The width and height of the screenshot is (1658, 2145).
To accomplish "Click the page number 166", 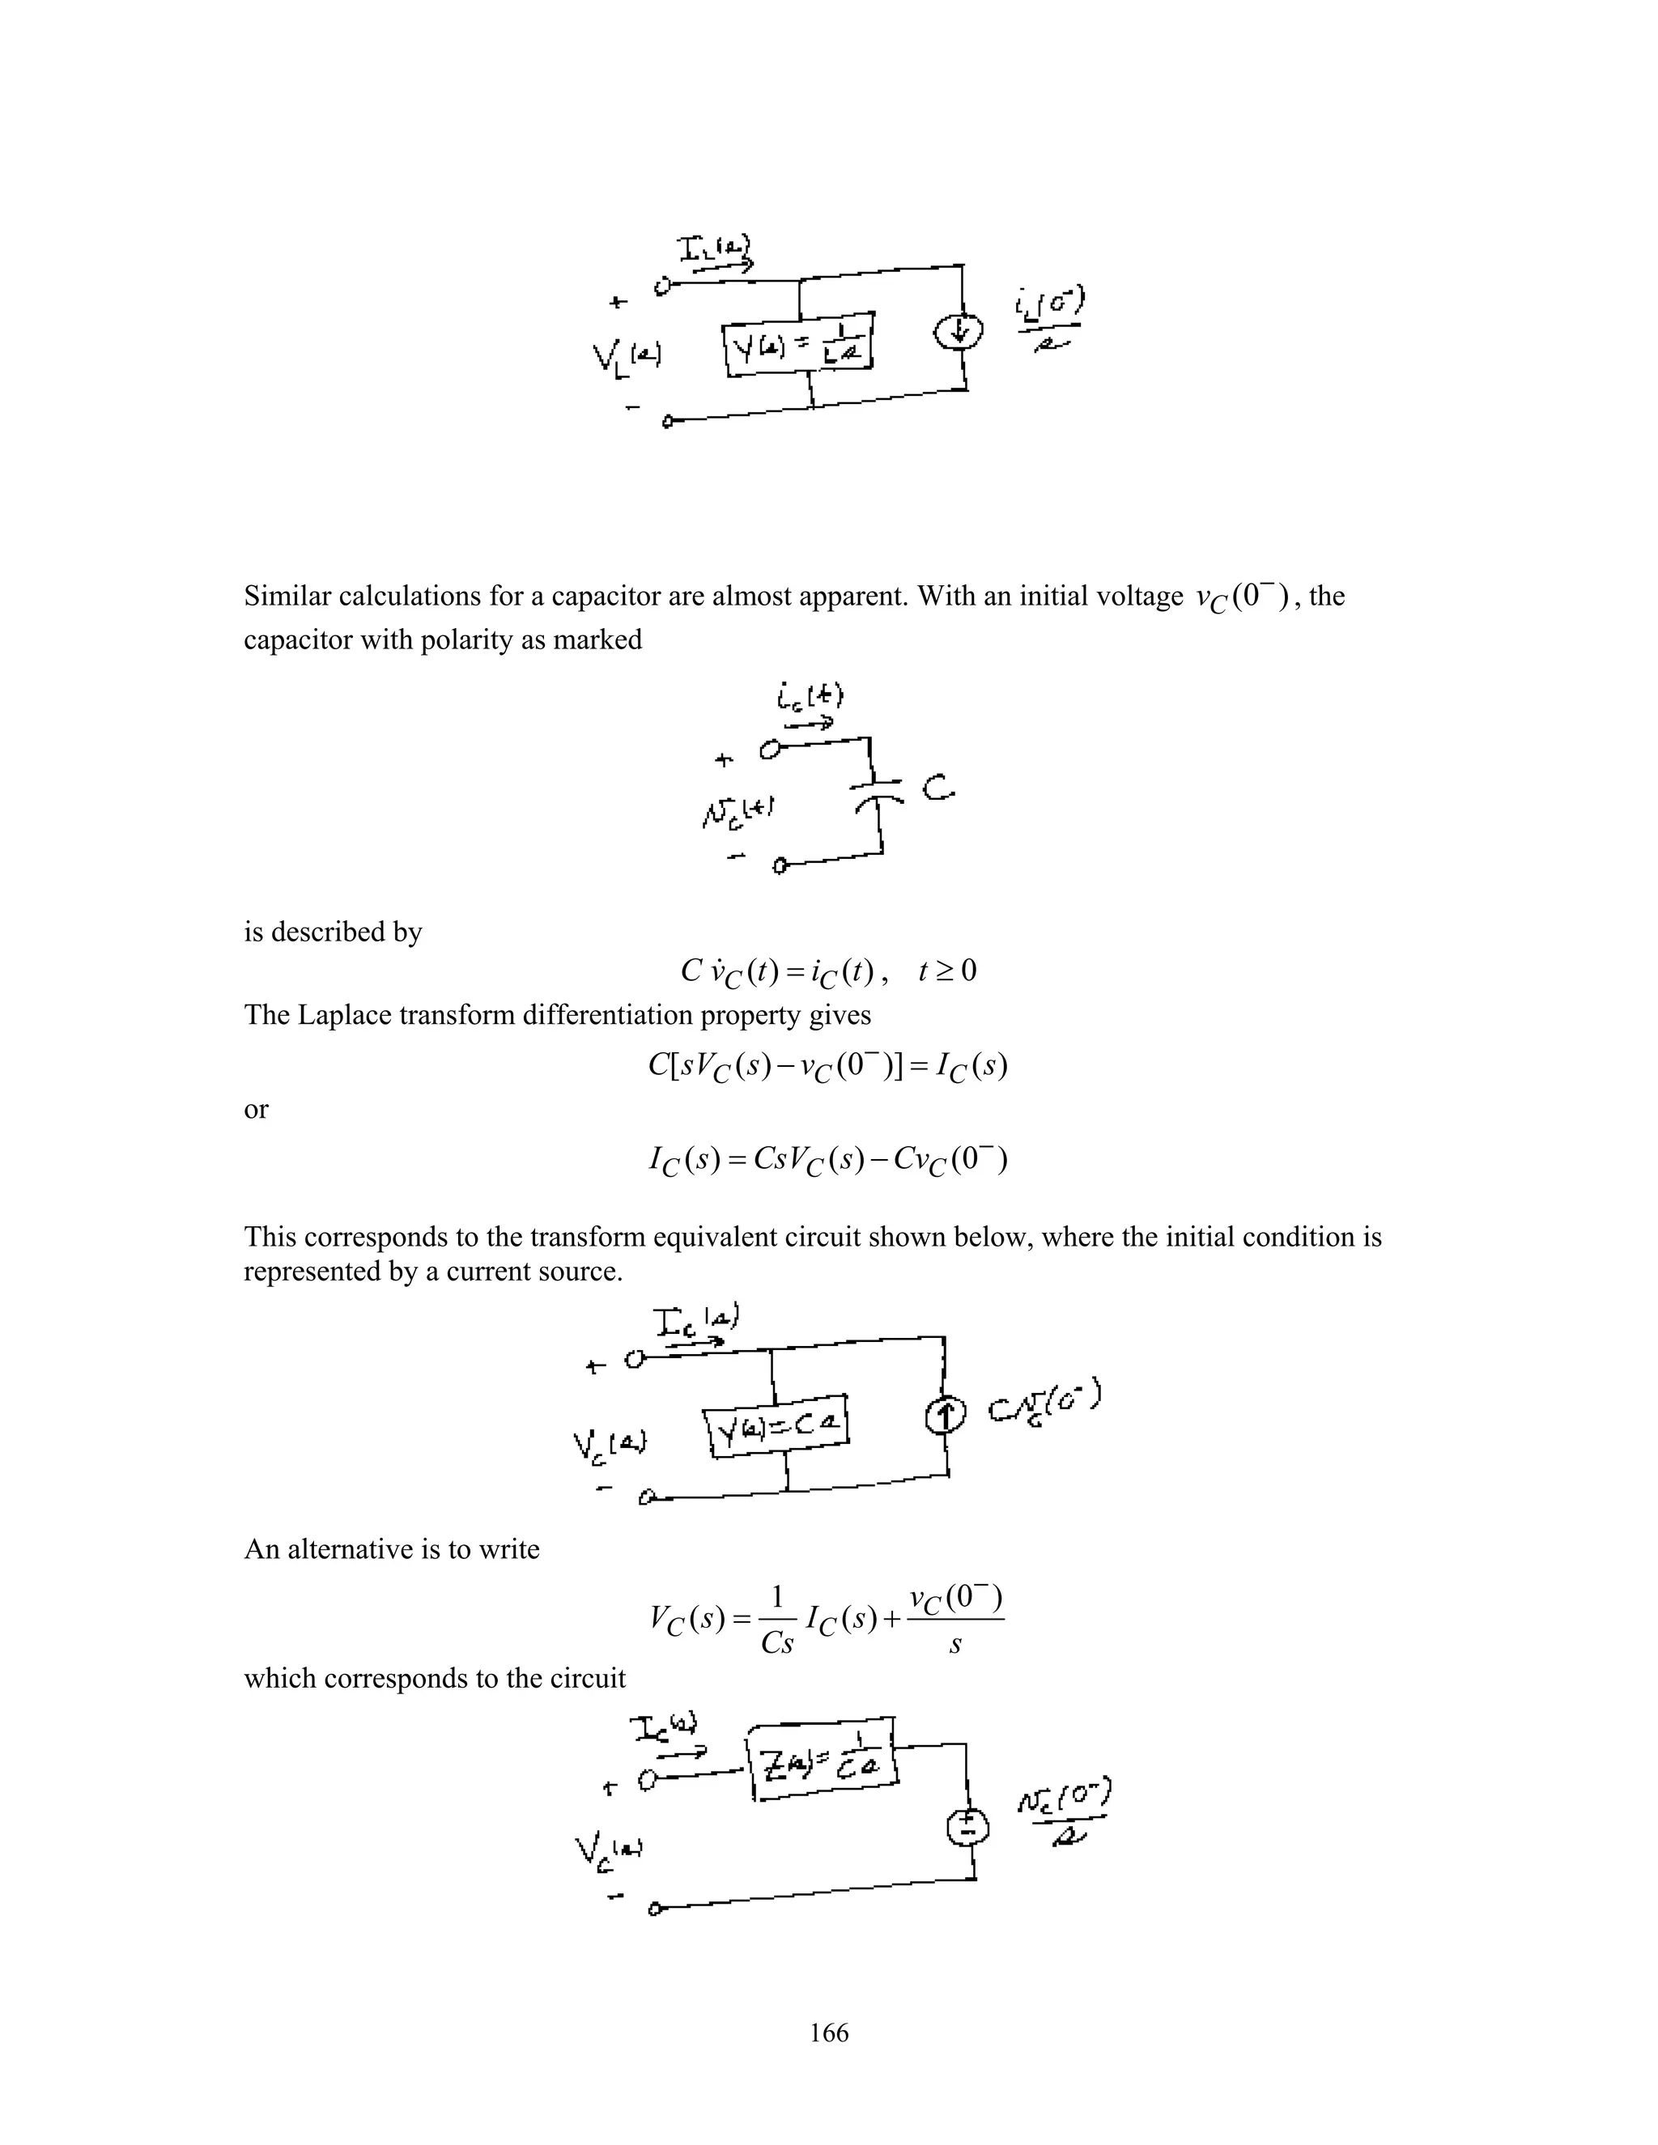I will click(829, 2033).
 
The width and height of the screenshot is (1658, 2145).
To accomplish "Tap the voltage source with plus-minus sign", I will click(967, 1827).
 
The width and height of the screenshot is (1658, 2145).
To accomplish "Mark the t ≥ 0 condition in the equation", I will click(947, 971).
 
